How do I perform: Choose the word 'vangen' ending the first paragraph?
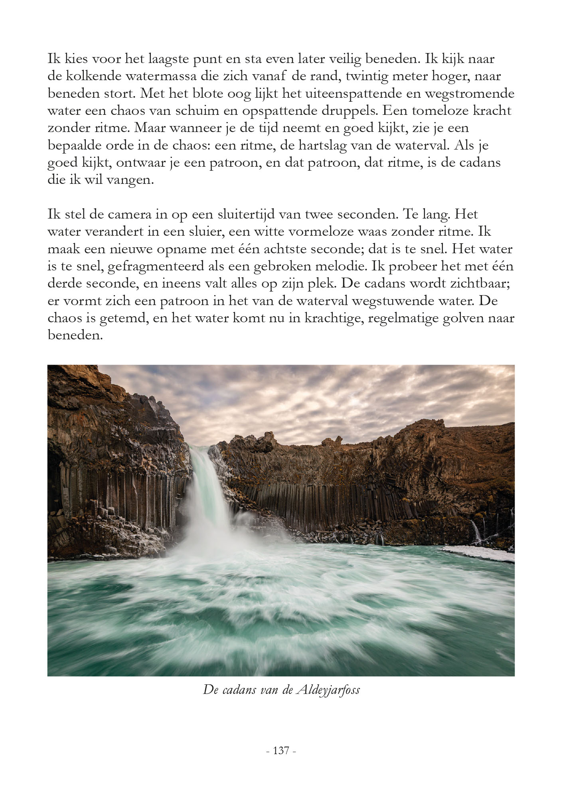(x=129, y=180)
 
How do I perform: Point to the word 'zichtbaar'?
(x=478, y=284)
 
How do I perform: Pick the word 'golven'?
(x=468, y=318)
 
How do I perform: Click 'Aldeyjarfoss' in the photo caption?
(x=328, y=690)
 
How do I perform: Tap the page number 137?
(x=281, y=751)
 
